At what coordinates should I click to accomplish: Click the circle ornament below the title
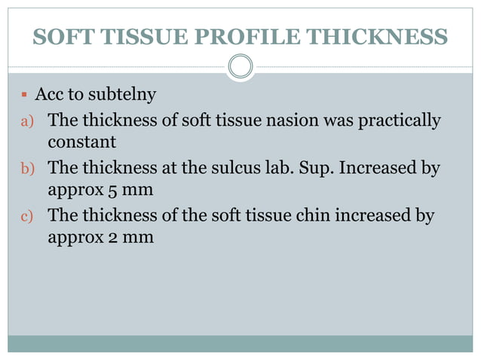point(240,67)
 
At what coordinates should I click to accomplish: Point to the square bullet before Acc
point(24,96)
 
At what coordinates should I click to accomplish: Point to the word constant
point(81,142)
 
